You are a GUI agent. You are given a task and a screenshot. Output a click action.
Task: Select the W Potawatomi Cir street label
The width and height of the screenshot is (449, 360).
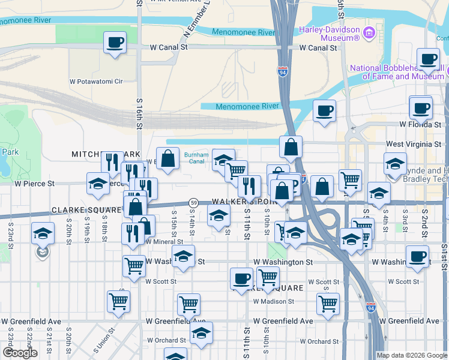[x=96, y=81]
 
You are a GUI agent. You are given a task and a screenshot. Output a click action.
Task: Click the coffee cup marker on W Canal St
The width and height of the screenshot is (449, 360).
[x=115, y=43]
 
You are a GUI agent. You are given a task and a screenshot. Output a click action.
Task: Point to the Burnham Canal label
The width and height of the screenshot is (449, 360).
[x=196, y=158]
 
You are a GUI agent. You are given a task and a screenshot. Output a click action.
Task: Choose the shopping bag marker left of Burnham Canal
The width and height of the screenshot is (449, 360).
[x=168, y=159]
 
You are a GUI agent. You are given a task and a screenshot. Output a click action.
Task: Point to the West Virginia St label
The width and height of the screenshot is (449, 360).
[x=414, y=145]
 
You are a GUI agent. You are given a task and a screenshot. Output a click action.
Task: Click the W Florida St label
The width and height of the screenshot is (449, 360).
[x=420, y=124]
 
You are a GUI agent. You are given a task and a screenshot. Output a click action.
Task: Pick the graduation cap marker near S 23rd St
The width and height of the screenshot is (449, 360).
[x=43, y=233]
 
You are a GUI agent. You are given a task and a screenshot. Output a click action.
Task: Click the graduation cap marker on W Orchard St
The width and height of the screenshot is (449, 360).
[x=201, y=333]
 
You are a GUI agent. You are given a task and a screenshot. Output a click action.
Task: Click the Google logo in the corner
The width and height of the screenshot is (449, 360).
[x=20, y=353]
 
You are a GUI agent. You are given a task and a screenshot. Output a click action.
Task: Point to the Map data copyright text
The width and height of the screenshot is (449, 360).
[x=411, y=355]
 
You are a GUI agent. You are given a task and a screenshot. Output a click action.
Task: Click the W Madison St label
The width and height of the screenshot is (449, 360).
[x=273, y=302]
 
